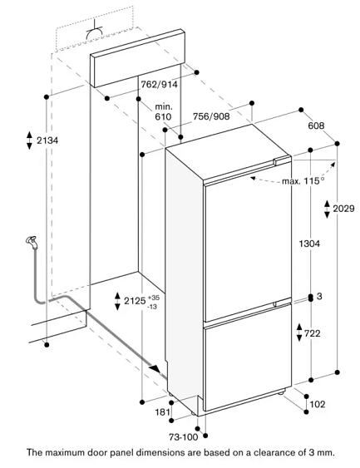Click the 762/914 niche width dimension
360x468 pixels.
[159, 85]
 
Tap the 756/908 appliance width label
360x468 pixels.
[211, 116]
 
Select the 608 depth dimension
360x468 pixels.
[316, 126]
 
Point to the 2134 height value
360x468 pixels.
[47, 140]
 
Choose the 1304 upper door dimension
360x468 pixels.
[309, 244]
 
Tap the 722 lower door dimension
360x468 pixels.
[313, 333]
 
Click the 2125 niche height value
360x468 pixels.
[135, 301]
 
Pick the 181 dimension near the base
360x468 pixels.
[162, 412]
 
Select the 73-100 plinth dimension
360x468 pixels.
[183, 437]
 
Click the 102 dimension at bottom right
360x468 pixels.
[318, 404]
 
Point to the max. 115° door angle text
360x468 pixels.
[303, 180]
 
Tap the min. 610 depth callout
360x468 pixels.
[163, 111]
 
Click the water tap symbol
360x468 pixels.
[32, 242]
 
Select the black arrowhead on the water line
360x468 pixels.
[155, 368]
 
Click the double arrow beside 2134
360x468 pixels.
[29, 140]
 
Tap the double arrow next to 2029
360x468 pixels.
[328, 209]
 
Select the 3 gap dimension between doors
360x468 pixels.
[319, 297]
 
